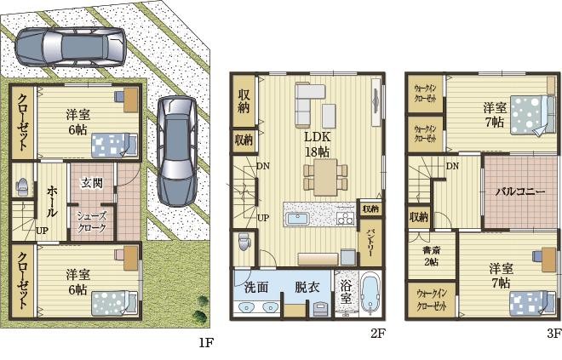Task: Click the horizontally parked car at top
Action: click(71, 47)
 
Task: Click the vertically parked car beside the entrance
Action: click(177, 151)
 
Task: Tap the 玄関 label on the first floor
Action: click(92, 183)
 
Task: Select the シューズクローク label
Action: click(92, 222)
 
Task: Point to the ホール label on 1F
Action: click(51, 202)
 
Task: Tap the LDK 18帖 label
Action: click(318, 144)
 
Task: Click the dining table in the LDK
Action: click(325, 177)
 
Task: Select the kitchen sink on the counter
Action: click(297, 219)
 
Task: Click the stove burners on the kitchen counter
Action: click(345, 218)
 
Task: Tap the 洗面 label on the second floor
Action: click(256, 288)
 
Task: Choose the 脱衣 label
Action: click(307, 288)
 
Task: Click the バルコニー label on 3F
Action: click(520, 191)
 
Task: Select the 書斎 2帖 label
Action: click(431, 256)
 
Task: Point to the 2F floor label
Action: click(378, 334)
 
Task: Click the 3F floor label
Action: click(554, 334)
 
